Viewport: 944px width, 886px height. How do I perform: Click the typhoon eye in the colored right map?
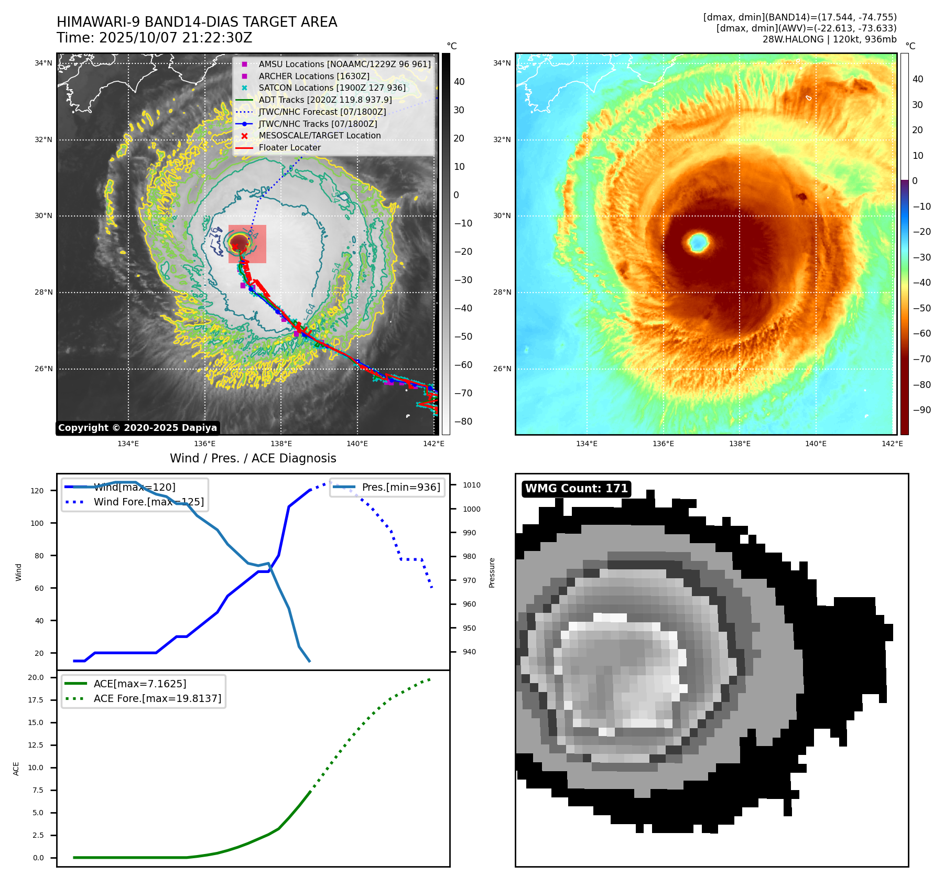tap(698, 242)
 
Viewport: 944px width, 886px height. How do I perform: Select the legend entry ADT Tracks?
tap(325, 100)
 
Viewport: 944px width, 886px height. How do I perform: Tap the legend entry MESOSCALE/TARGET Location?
tap(319, 135)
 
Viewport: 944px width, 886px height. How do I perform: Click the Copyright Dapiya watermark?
tap(137, 428)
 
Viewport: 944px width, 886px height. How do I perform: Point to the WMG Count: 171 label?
tap(577, 489)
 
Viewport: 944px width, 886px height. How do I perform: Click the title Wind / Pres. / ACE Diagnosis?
tap(253, 458)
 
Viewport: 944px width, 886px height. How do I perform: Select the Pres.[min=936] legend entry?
tap(401, 487)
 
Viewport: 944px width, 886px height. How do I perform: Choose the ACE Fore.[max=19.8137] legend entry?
tap(157, 698)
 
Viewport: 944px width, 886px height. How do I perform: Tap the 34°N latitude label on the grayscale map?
tap(44, 63)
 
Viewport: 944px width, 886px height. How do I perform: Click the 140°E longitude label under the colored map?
tap(816, 444)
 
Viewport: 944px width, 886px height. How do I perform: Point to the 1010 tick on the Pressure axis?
tap(471, 485)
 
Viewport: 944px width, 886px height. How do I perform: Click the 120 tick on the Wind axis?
tap(37, 491)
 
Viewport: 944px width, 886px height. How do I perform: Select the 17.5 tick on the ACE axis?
tap(36, 700)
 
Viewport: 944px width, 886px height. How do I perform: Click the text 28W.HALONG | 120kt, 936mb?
tap(829, 39)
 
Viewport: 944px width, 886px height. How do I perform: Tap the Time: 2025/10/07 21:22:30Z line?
tap(155, 38)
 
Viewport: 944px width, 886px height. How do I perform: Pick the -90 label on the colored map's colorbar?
tap(921, 410)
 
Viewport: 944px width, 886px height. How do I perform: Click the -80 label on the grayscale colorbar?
tap(463, 422)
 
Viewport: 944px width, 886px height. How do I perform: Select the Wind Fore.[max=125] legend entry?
tap(149, 502)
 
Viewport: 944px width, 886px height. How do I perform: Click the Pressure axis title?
tap(492, 572)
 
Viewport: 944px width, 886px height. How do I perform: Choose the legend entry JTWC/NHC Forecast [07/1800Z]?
tap(322, 112)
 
